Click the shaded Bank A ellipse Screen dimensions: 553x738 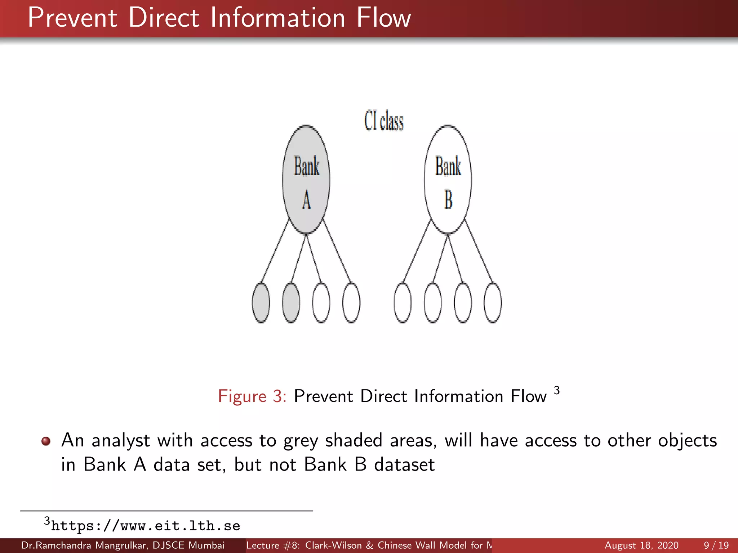coord(306,180)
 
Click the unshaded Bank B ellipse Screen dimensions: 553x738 coord(448,180)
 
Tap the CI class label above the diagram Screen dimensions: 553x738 coord(384,121)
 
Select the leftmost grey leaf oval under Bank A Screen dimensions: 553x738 coord(261,303)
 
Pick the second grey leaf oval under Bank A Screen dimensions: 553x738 coord(291,303)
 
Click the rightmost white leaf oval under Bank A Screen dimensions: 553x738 coord(351,303)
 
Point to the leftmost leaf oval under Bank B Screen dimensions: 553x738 coord(403,303)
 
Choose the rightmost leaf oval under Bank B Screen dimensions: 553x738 coord(493,303)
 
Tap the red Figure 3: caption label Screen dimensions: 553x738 coord(252,396)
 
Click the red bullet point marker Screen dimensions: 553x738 coord(46,441)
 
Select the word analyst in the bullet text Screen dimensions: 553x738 coord(120,441)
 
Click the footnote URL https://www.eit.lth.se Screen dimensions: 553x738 coord(145,526)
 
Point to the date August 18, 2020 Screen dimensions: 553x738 coord(641,545)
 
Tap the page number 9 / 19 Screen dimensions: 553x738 coord(716,545)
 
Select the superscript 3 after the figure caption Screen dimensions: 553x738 coord(557,390)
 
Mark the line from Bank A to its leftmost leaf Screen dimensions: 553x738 coord(275,251)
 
